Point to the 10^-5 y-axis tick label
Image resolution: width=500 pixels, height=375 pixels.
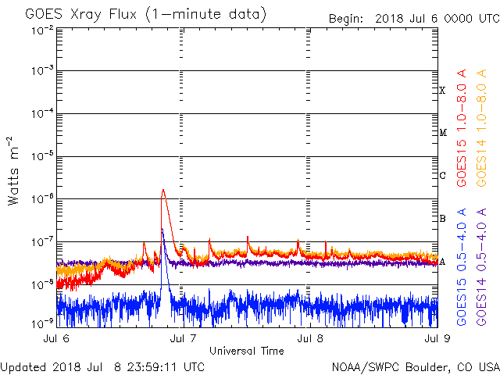(x=43, y=155)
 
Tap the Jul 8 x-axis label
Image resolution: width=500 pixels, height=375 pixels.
(x=310, y=339)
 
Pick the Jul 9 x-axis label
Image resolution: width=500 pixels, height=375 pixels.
(x=436, y=339)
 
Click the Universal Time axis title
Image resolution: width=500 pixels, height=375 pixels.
(x=247, y=351)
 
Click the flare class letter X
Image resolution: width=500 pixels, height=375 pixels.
(x=442, y=91)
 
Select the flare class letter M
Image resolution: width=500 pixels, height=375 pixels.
(x=442, y=133)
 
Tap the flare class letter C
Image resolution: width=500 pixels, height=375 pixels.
(x=442, y=176)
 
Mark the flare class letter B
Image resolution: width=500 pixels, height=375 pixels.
(x=442, y=219)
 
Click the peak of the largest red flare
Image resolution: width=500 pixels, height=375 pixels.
(x=162, y=190)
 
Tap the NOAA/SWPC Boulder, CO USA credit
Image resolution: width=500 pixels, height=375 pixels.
(x=415, y=366)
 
